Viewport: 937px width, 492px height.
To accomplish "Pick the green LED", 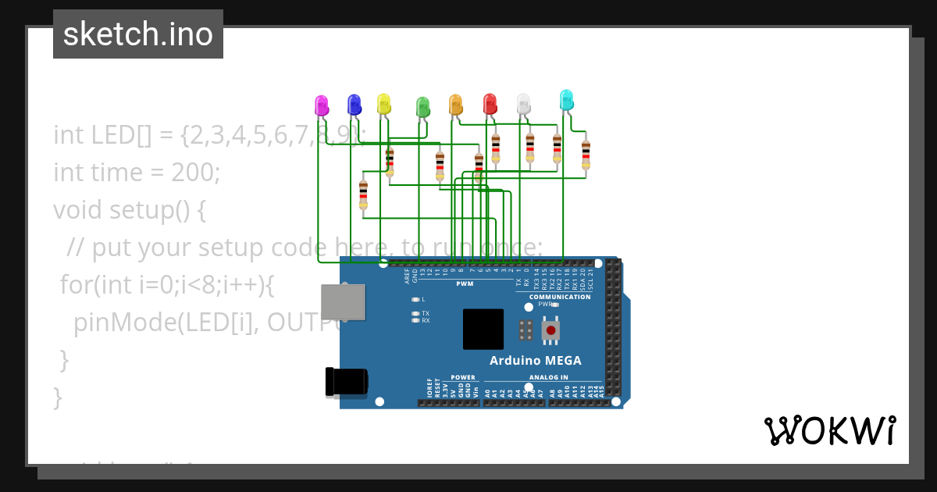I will [422, 108].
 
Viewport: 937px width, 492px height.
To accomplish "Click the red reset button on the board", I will [551, 330].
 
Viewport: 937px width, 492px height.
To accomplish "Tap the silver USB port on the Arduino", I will [343, 302].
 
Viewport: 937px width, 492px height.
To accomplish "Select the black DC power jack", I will [346, 382].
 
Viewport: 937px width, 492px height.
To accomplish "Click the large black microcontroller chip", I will [483, 329].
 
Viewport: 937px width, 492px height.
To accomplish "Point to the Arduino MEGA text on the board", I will [535, 361].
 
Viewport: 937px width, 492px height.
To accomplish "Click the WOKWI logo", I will [829, 430].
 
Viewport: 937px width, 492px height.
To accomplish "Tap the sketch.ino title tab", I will [138, 34].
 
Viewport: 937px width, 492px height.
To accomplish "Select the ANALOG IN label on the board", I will [548, 377].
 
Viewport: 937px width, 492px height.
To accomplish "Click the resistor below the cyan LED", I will [586, 154].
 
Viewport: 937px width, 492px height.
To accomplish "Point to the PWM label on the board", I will [465, 284].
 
